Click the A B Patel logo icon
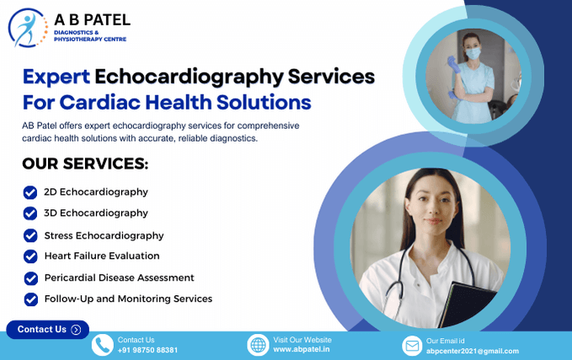click(26, 27)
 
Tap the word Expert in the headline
click(56, 77)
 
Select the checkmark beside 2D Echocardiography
click(30, 192)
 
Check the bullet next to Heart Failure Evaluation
click(30, 256)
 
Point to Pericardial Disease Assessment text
click(119, 277)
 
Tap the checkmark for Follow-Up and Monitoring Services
click(30, 299)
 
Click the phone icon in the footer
click(102, 345)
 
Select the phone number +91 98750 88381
click(147, 350)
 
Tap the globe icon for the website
click(258, 345)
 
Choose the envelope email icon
click(411, 346)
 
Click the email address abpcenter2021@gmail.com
click(472, 351)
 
